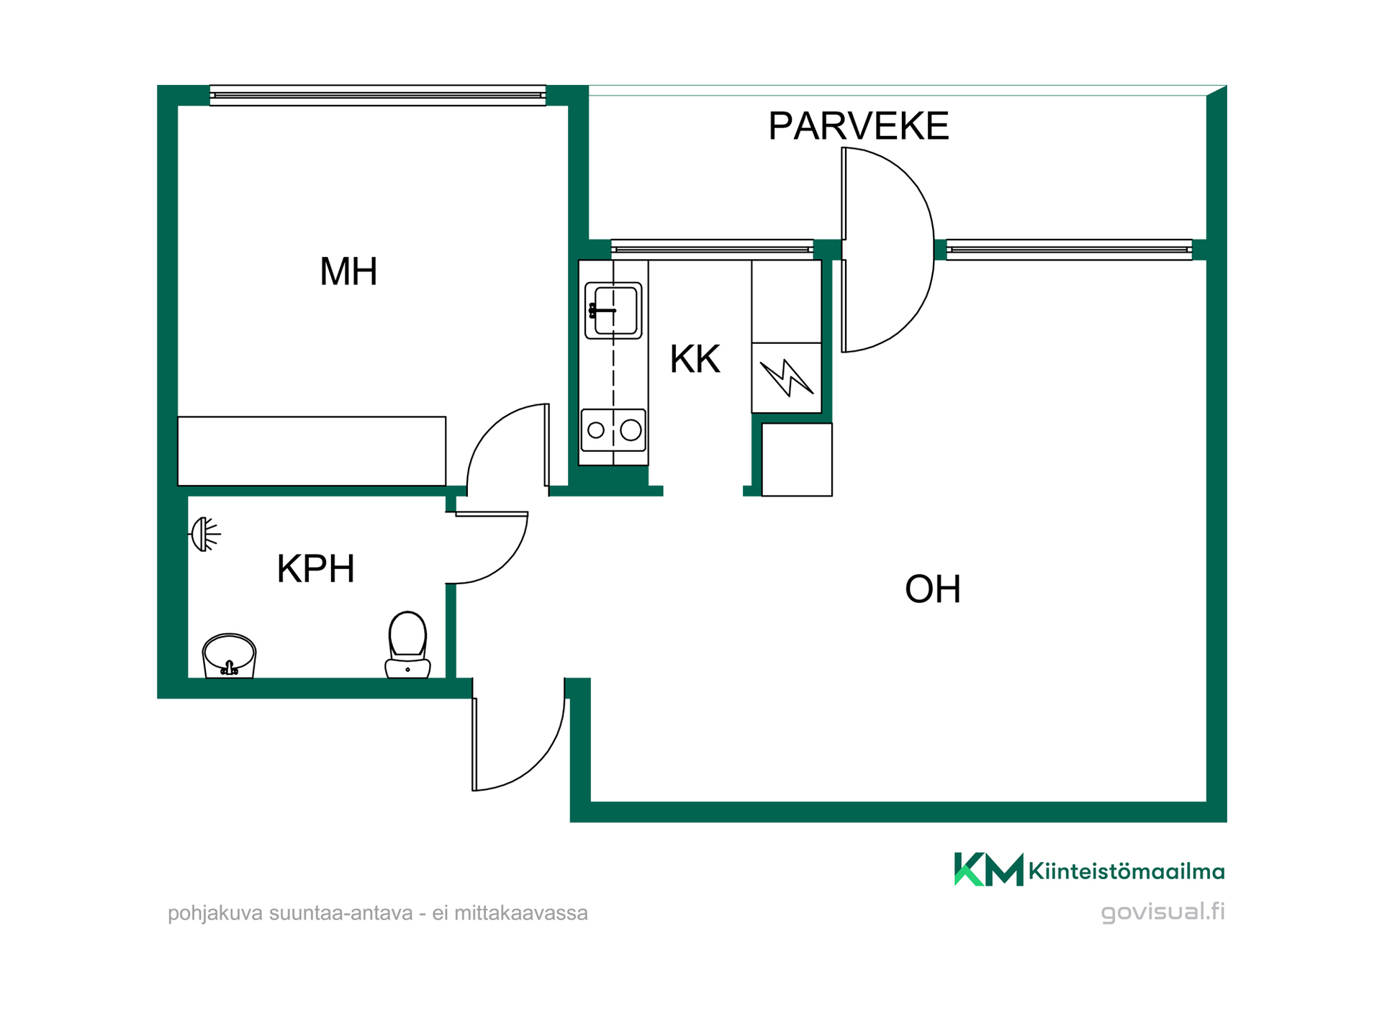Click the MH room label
pyautogui.click(x=348, y=272)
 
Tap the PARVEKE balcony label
pyautogui.click(x=859, y=126)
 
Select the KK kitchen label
pyautogui.click(x=695, y=359)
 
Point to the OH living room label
pyautogui.click(x=933, y=589)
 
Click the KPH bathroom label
pyautogui.click(x=316, y=569)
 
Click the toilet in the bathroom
pyautogui.click(x=407, y=645)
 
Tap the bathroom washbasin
pyautogui.click(x=229, y=655)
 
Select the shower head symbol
pyautogui.click(x=204, y=534)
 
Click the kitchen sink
pyautogui.click(x=613, y=311)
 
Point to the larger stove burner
pyautogui.click(x=631, y=430)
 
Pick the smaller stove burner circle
pyautogui.click(x=596, y=430)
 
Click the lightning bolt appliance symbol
pyautogui.click(x=787, y=377)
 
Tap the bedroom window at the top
pyautogui.click(x=377, y=95)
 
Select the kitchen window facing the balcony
pyautogui.click(x=712, y=249)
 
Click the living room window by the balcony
pyautogui.click(x=1069, y=249)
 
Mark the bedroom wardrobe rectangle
pyautogui.click(x=312, y=451)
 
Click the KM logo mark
pyautogui.click(x=988, y=869)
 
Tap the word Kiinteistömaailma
pyautogui.click(x=1126, y=872)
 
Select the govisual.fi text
pyautogui.click(x=1162, y=912)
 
